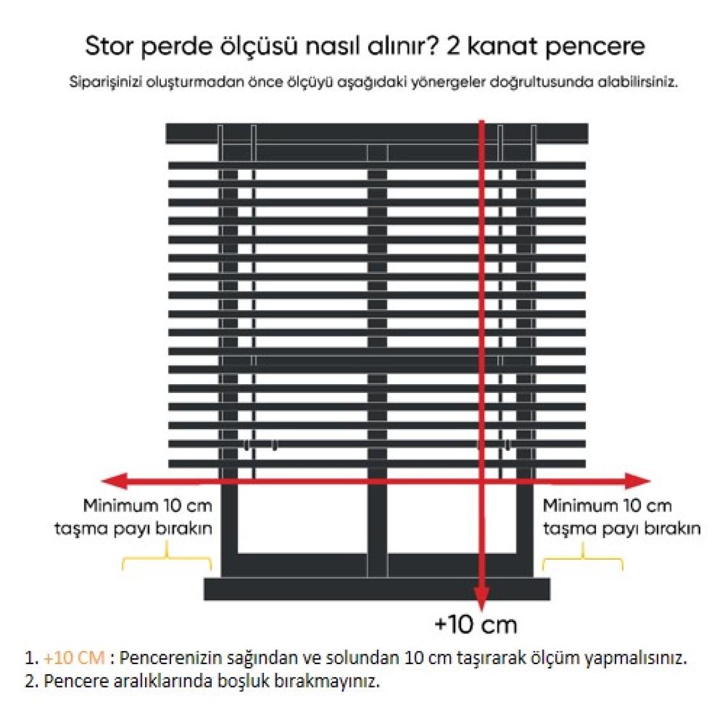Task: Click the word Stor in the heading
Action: [109, 46]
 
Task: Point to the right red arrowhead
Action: [637, 481]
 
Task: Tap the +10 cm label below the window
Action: [475, 625]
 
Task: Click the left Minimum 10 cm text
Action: [148, 506]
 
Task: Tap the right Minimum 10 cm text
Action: [607, 506]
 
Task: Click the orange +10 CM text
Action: [74, 658]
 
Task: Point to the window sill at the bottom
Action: [377, 589]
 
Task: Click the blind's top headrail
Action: [377, 133]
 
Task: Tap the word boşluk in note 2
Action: [237, 681]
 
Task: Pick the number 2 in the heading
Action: [453, 46]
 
